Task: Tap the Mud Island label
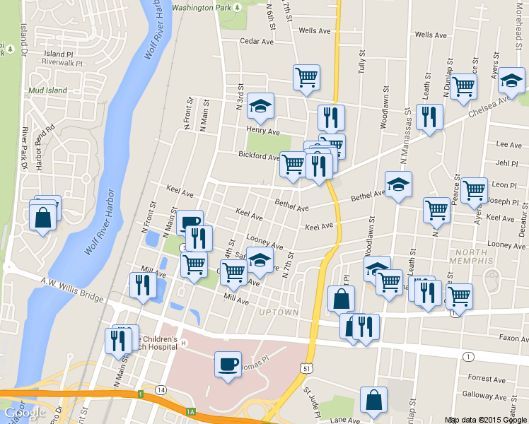(47, 90)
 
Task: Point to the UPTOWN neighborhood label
(279, 312)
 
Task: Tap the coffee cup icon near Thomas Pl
(228, 364)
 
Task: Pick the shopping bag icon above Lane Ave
(373, 400)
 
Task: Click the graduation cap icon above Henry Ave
(260, 106)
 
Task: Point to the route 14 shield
(161, 390)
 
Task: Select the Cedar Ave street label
(257, 42)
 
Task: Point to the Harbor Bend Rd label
(49, 146)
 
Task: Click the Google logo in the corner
(25, 413)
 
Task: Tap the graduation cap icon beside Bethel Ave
(398, 185)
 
